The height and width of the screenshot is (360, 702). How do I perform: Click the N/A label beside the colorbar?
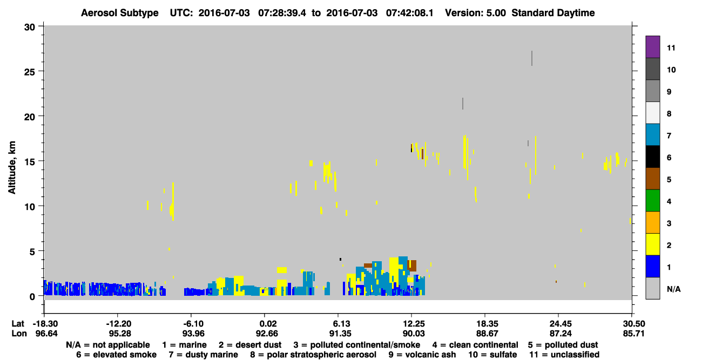[x=673, y=289]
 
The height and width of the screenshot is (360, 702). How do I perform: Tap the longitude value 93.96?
[x=193, y=334]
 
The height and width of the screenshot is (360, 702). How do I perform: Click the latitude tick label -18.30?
[x=45, y=323]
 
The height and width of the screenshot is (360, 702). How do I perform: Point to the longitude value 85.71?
[x=633, y=334]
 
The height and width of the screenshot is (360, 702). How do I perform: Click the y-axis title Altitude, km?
[x=11, y=168]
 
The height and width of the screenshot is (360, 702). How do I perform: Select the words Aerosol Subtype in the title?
[x=120, y=13]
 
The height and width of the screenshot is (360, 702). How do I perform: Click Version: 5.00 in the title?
[x=475, y=13]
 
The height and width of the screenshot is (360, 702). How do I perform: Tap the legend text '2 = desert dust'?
[x=250, y=345]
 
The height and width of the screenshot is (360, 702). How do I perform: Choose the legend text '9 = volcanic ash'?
[x=422, y=355]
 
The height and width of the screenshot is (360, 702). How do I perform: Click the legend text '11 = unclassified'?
[x=564, y=355]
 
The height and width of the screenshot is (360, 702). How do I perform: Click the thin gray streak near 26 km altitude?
[x=532, y=58]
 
